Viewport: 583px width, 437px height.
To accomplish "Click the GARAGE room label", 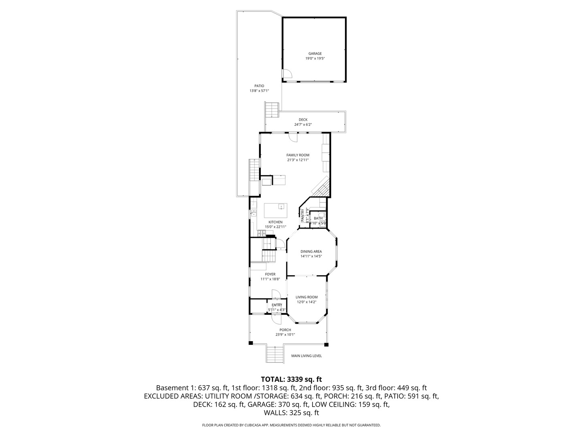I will [x=315, y=53].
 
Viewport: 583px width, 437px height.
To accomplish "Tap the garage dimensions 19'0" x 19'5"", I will [x=315, y=59].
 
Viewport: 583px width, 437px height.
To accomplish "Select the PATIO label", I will [x=259, y=86].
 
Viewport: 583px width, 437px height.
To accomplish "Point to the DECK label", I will [x=303, y=120].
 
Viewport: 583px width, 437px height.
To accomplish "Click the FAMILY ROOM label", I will [x=298, y=155].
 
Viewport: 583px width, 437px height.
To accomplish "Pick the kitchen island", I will [x=275, y=210].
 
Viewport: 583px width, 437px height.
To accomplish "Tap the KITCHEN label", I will [x=275, y=222].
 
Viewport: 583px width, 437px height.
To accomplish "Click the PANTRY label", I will [x=302, y=215].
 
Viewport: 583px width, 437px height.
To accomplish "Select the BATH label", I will [x=318, y=218].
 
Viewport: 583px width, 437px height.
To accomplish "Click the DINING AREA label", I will [x=311, y=251].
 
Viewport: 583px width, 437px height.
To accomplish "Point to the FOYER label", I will [x=270, y=274].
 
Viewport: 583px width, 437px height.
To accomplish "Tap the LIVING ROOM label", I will [x=306, y=297].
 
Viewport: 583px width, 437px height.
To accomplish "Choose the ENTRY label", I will [x=277, y=305].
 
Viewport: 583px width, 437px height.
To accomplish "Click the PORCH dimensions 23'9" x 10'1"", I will [x=285, y=335].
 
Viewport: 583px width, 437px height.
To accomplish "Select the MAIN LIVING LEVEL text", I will [x=306, y=356].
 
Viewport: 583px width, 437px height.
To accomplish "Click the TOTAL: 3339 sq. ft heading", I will [x=291, y=380].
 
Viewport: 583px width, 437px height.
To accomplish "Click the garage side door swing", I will [x=287, y=74].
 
